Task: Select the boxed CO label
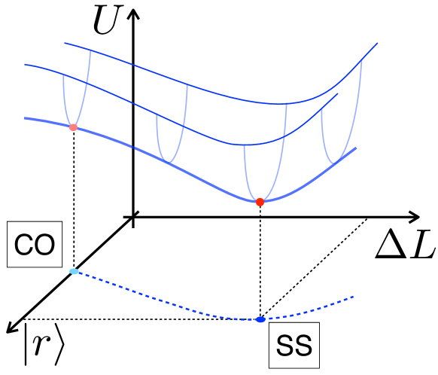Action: coord(32,245)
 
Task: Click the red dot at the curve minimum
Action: coord(260,202)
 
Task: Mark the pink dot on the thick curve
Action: coord(73,127)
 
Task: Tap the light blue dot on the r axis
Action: coord(73,271)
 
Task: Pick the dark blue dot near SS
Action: coord(260,319)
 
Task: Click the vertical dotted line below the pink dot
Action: coord(73,196)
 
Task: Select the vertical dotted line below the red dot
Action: coord(260,260)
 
